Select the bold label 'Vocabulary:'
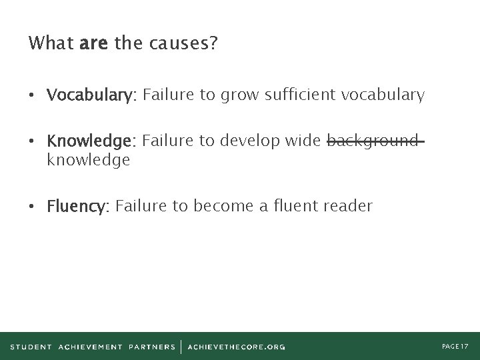91,96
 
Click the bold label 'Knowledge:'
91,141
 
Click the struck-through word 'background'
373,141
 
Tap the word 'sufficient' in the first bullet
301,95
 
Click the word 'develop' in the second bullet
250,141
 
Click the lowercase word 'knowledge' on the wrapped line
88,160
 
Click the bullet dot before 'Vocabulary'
33,96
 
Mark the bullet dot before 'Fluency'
33,207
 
